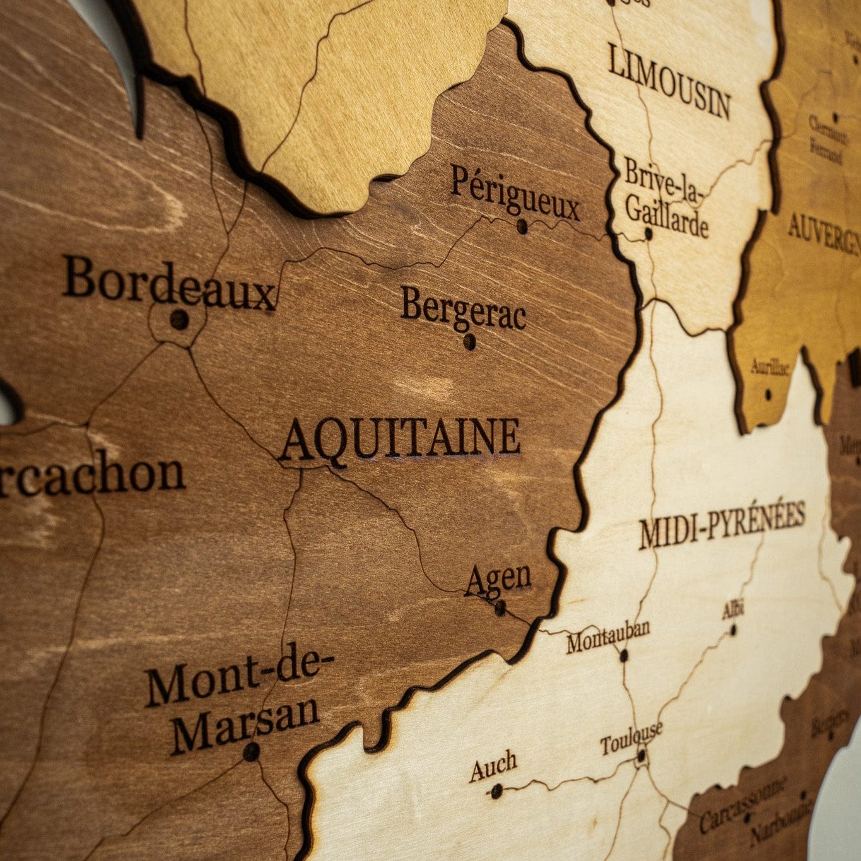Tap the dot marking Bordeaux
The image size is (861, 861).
tap(179, 319)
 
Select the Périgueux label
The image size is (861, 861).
tap(514, 193)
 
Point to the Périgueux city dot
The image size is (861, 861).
tap(522, 226)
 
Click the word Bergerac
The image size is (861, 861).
tap(463, 309)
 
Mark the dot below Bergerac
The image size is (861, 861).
tap(469, 341)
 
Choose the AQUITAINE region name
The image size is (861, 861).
tap(400, 437)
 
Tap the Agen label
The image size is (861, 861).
tap(498, 580)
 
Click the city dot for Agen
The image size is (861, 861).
tap(500, 608)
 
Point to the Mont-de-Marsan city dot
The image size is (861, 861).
tap(251, 751)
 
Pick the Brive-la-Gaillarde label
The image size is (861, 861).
tap(665, 198)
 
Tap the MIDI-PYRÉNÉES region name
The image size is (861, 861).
tap(722, 525)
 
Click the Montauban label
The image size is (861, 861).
tap(607, 635)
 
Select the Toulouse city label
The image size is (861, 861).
tap(631, 737)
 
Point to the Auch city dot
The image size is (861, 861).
tap(496, 790)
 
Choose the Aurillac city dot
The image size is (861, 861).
tap(768, 395)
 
